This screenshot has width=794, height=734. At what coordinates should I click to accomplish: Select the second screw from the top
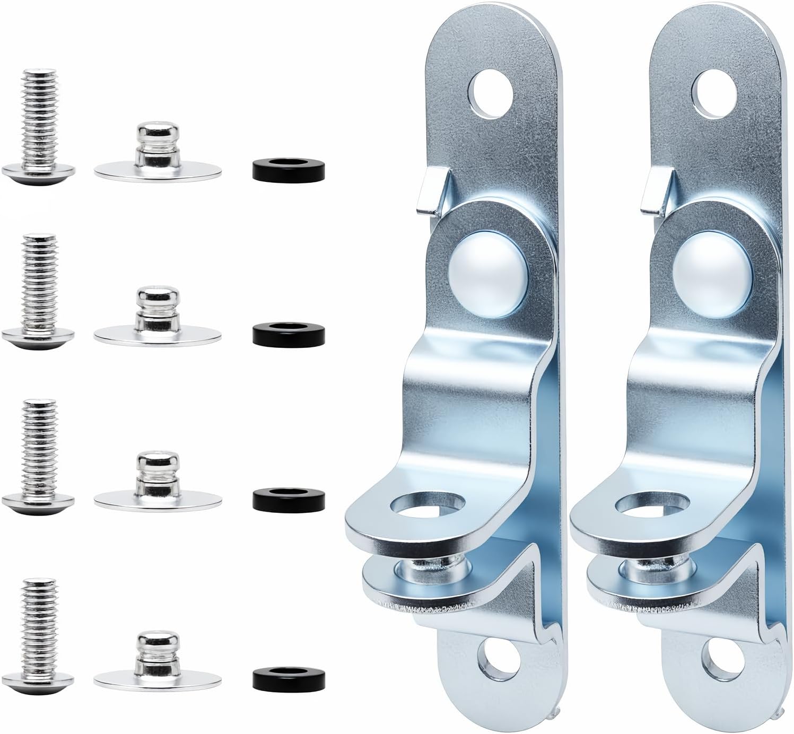point(39,292)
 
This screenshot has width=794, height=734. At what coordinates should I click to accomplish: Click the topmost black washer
point(286,169)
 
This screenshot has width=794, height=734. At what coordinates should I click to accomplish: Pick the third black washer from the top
point(286,497)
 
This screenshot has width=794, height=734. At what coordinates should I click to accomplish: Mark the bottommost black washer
point(286,675)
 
